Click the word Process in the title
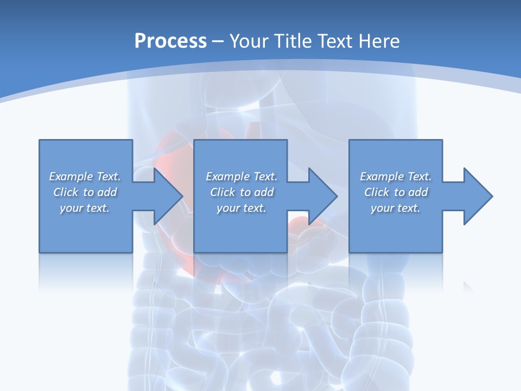[x=170, y=41]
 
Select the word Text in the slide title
[x=336, y=41]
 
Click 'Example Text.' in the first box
[x=85, y=176]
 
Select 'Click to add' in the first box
[x=85, y=192]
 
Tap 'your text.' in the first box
[x=85, y=208]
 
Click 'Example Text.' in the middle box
[x=242, y=176]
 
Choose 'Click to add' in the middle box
[x=242, y=192]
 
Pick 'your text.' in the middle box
[x=242, y=208]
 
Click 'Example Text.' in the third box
[x=396, y=176]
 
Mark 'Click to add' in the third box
[x=396, y=192]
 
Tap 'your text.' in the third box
[x=396, y=208]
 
